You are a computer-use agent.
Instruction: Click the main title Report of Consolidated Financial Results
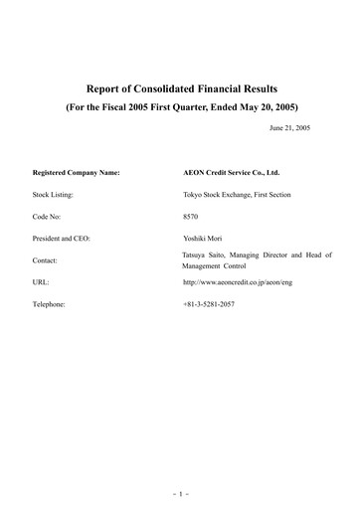[180, 88]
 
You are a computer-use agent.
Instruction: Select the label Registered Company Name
[76, 172]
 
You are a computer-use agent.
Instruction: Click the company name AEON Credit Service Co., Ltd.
[224, 172]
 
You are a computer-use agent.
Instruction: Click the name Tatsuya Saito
[207, 254]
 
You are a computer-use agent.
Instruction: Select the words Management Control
[217, 266]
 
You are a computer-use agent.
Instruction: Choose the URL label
[41, 282]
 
